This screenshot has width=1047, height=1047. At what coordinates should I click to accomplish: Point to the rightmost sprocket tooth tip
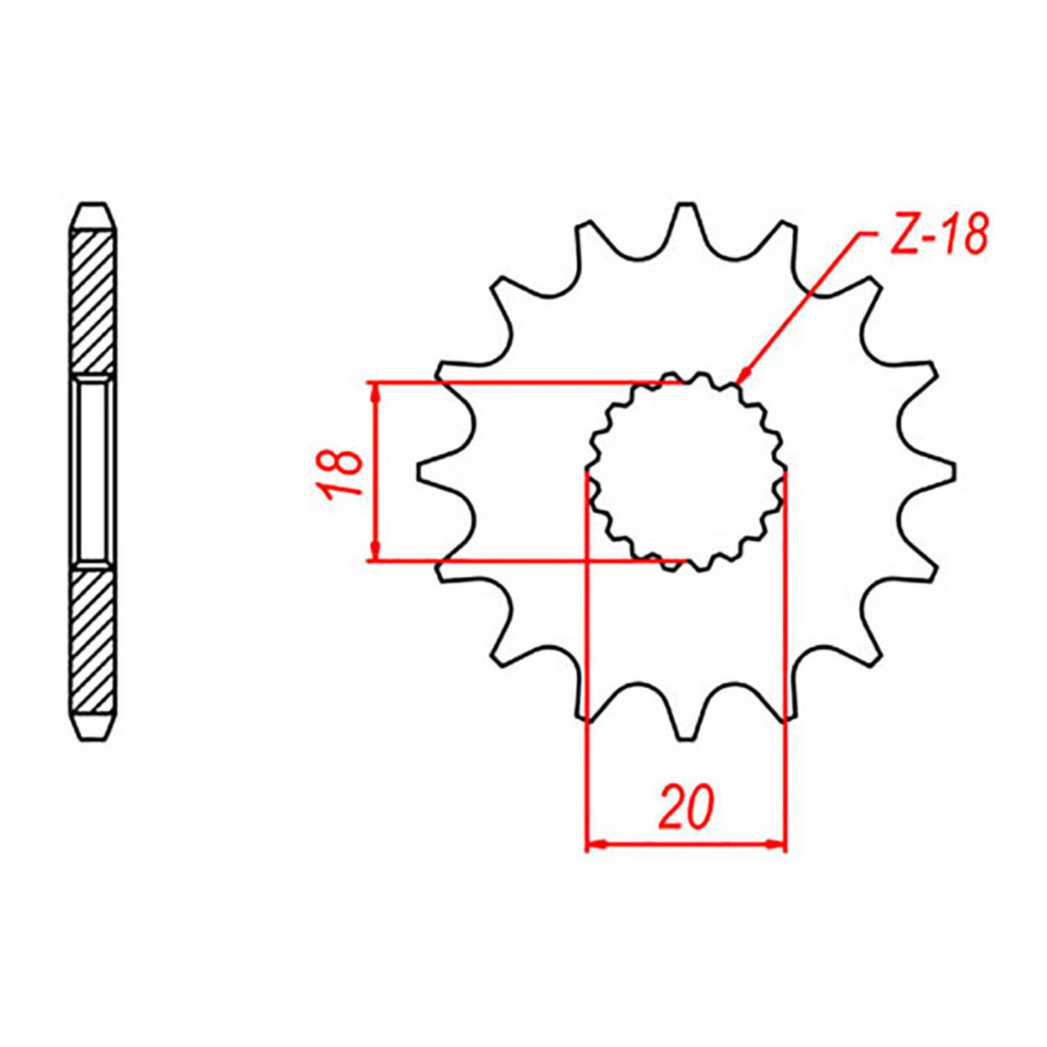tap(953, 472)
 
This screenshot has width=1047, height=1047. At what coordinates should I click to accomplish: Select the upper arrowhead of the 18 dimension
tap(374, 391)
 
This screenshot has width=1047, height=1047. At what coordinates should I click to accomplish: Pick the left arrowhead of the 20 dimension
tap(594, 845)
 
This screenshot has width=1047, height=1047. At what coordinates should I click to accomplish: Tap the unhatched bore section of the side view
tap(92, 472)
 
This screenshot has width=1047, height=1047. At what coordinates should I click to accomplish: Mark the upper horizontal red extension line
tap(523, 382)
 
